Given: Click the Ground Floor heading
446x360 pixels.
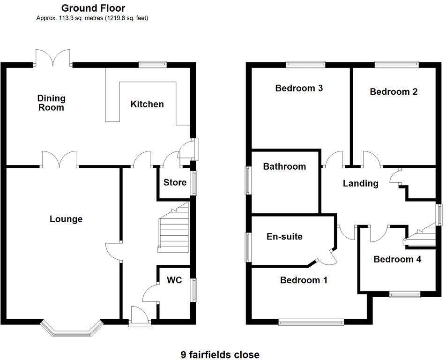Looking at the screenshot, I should [x=93, y=8].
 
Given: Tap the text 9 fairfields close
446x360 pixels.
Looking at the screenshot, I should [x=220, y=354].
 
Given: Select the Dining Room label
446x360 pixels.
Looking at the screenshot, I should [x=52, y=103].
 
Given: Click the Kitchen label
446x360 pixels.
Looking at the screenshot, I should [x=147, y=104].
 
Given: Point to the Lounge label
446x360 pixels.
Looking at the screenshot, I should [x=66, y=219].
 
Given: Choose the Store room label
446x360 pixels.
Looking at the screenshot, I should [x=175, y=182].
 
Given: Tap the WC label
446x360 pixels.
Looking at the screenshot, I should [x=174, y=280].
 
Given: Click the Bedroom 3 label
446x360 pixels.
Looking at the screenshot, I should [x=299, y=88].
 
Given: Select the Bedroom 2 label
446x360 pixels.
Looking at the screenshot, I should [x=394, y=92].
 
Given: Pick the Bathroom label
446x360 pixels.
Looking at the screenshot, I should [x=284, y=166].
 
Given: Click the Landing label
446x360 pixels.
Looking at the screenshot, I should [x=360, y=183].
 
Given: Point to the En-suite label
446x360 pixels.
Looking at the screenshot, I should [x=284, y=237].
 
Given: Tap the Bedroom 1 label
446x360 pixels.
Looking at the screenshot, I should [x=304, y=280].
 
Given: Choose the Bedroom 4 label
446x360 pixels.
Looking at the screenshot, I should [x=397, y=259].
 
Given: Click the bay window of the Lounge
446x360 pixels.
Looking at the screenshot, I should [x=71, y=330].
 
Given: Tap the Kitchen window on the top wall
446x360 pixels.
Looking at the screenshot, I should [x=153, y=65].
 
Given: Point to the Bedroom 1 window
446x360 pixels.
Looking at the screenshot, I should [x=311, y=322].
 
